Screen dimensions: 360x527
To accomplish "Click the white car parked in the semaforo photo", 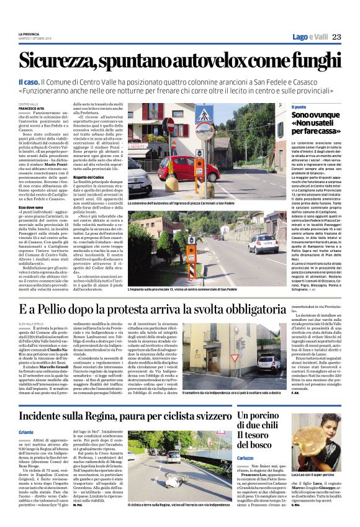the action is pos(271,364).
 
